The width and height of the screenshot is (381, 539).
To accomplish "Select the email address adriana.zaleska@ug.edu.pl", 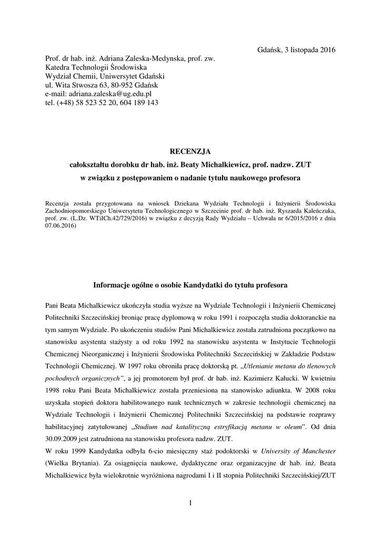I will point(107,94).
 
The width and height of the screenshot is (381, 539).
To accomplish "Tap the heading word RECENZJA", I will point(190,152).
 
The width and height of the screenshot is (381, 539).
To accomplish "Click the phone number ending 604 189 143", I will point(137,103).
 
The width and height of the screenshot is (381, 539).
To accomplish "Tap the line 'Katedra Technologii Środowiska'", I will point(96,67).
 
